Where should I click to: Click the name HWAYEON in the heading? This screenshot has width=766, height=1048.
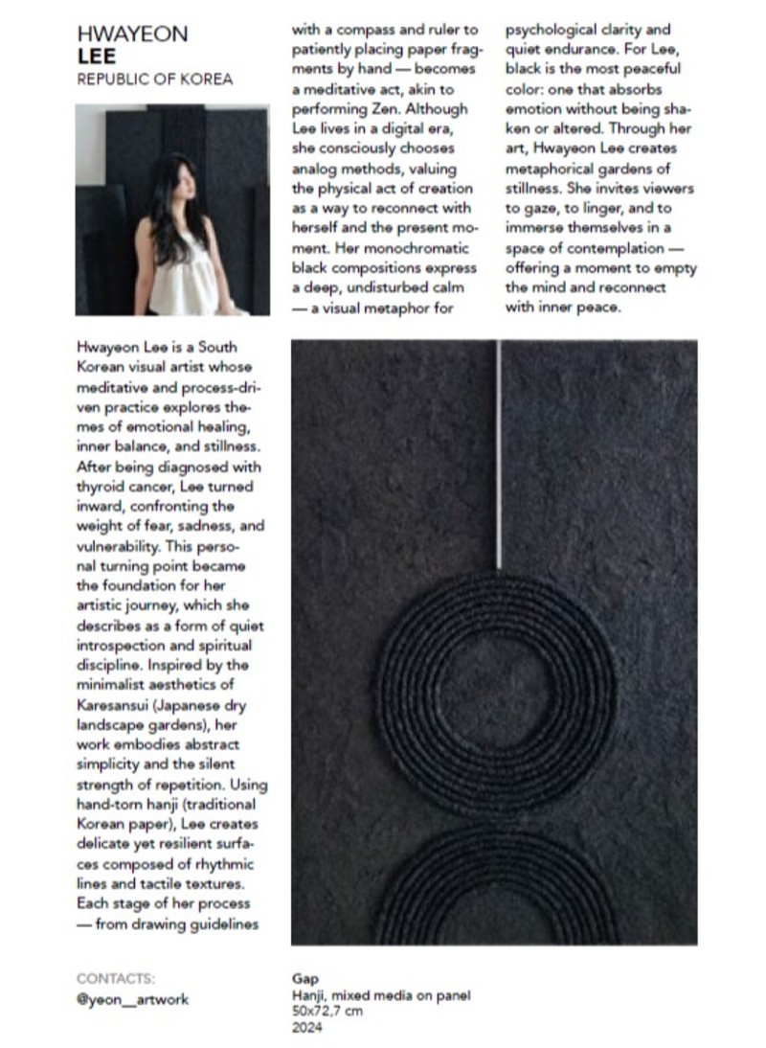[x=132, y=35]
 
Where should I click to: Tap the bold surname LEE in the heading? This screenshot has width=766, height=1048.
[x=96, y=57]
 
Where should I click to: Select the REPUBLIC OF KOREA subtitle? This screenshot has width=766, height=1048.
[x=154, y=80]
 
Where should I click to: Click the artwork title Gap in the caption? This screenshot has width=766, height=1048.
[x=304, y=980]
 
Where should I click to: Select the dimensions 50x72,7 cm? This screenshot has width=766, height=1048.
[x=327, y=1012]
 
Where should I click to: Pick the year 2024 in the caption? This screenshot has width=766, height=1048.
[x=307, y=1028]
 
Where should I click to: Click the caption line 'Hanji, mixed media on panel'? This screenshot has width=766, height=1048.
[x=381, y=996]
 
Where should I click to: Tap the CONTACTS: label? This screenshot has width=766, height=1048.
[x=115, y=979]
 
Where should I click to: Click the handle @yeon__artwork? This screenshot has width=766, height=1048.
[x=132, y=999]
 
